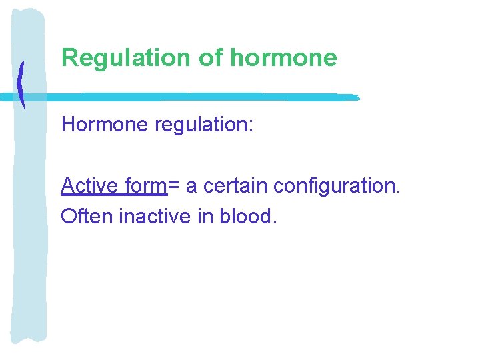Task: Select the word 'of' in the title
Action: click(210, 58)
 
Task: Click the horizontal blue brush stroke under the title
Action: click(200, 97)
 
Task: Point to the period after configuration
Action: click(398, 192)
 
